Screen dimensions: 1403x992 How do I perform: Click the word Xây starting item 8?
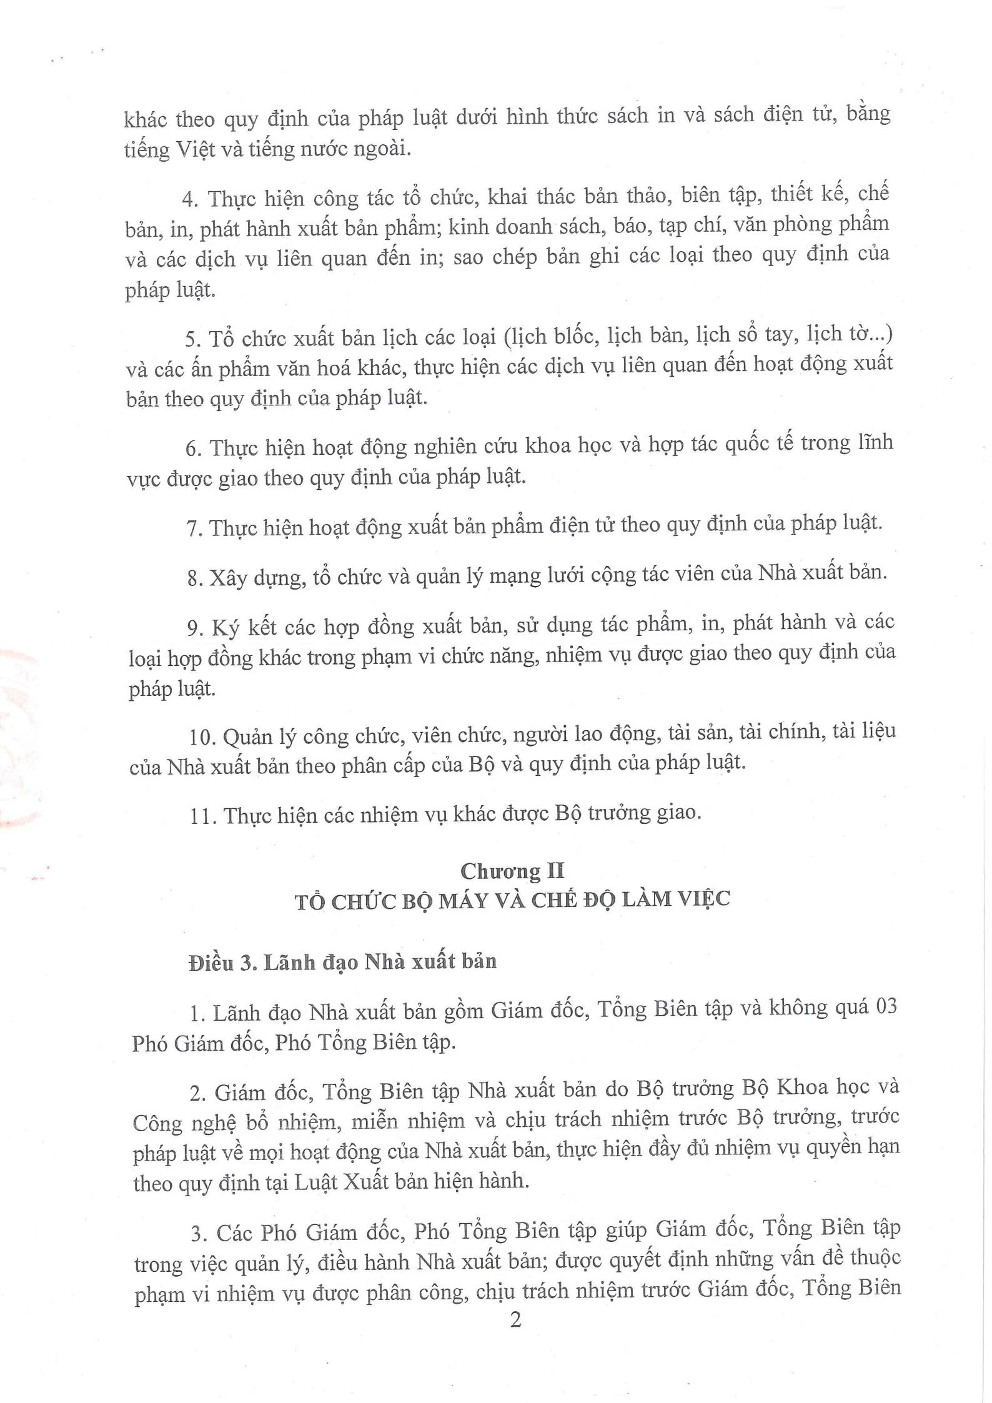pyautogui.click(x=226, y=577)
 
